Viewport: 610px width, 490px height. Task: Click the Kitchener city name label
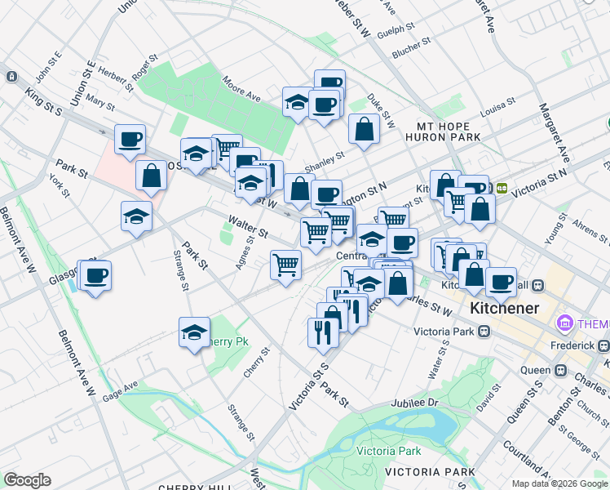click(x=504, y=309)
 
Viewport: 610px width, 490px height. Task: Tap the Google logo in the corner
click(x=27, y=480)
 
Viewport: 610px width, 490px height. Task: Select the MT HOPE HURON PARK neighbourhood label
click(x=449, y=131)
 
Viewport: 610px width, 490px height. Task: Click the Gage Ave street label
click(x=120, y=390)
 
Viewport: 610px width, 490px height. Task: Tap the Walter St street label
click(x=248, y=225)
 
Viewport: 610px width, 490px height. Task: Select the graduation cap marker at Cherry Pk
click(x=194, y=332)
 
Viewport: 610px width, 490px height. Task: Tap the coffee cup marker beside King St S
click(x=130, y=139)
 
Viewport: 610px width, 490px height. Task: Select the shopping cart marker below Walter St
click(x=285, y=265)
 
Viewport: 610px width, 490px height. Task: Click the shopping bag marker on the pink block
click(x=152, y=175)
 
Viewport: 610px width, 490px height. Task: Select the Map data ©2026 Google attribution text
click(x=560, y=483)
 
